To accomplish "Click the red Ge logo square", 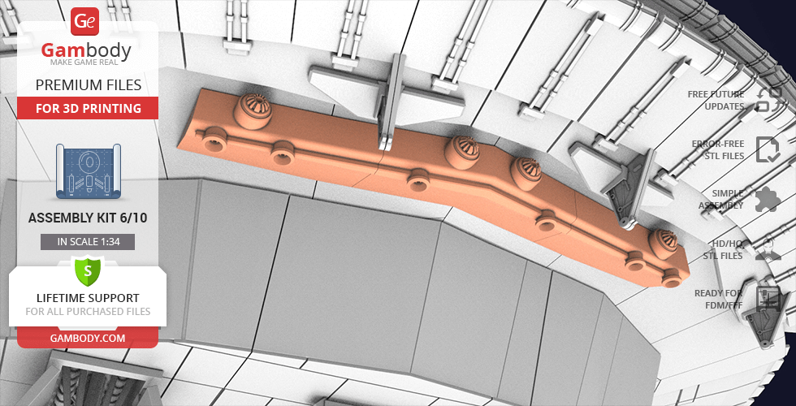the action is click(84, 21).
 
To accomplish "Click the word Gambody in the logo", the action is click(86, 50).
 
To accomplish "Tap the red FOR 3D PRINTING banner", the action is click(88, 108).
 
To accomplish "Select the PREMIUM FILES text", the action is click(89, 84).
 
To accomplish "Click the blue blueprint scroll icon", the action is click(89, 171).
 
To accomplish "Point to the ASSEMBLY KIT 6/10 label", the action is click(88, 218).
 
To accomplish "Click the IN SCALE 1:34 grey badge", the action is click(88, 242).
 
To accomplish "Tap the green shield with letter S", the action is click(88, 271).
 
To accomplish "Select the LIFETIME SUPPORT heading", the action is click(88, 298).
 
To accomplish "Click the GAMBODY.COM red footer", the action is click(88, 338).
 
